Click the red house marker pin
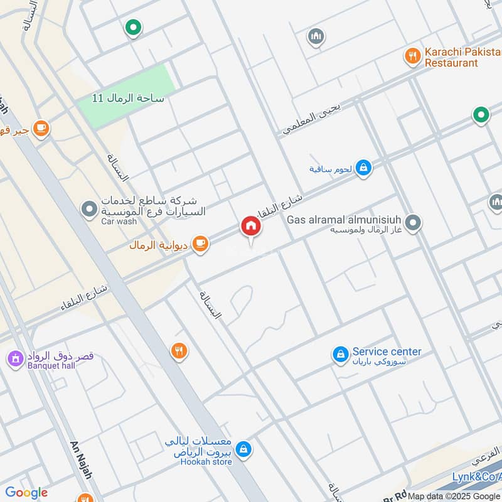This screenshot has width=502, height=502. pyautogui.click(x=250, y=227)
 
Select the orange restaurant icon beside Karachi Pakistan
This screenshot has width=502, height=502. pyautogui.click(x=412, y=57)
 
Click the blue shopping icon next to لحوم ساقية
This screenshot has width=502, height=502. pyautogui.click(x=363, y=168)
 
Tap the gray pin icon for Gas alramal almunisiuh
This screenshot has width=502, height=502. pyautogui.click(x=413, y=222)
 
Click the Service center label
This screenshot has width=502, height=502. pyautogui.click(x=387, y=351)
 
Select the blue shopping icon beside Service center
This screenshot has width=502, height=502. pyautogui.click(x=340, y=355)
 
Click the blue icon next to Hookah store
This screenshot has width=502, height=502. pyautogui.click(x=245, y=449)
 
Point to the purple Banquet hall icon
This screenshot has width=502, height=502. pyautogui.click(x=14, y=360)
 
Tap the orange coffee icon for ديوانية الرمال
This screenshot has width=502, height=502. pyautogui.click(x=200, y=244)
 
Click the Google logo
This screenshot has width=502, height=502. pyautogui.click(x=26, y=493)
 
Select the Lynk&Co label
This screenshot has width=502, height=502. pyautogui.click(x=477, y=478)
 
